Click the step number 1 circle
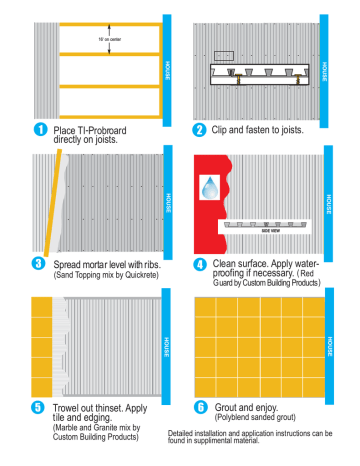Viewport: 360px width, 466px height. (x=40, y=129)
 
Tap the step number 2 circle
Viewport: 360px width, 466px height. (x=199, y=129)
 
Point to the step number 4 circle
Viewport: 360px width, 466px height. (x=199, y=264)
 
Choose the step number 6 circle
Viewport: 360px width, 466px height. (x=200, y=407)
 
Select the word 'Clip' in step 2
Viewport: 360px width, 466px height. (x=220, y=129)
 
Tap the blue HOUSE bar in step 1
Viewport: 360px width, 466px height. (x=165, y=65)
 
